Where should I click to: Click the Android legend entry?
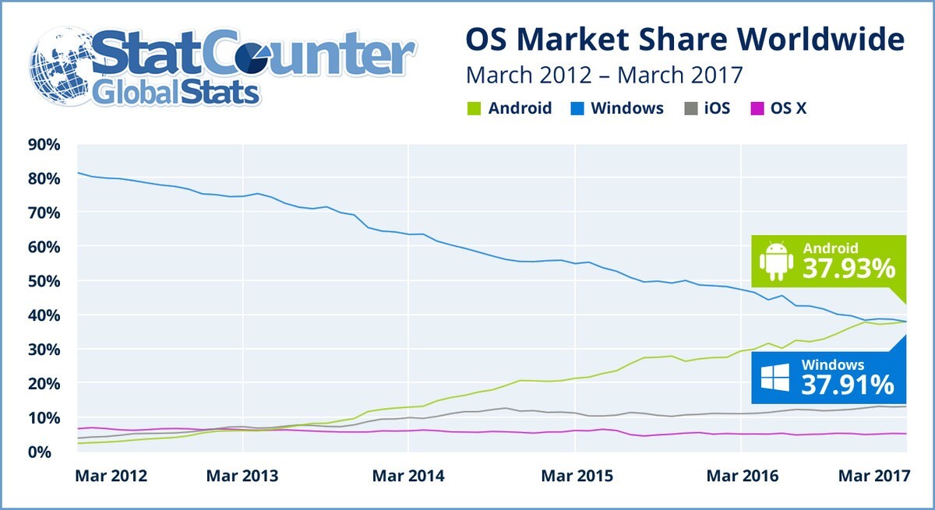click(511, 108)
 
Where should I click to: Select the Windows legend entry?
click(619, 108)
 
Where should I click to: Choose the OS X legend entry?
click(778, 108)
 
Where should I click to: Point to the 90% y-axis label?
click(44, 144)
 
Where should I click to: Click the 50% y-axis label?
click(44, 280)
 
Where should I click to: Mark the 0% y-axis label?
click(48, 452)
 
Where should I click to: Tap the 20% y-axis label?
click(44, 383)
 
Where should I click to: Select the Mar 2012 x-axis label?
click(111, 476)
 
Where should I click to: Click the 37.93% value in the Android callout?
click(848, 269)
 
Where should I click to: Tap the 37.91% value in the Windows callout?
click(848, 384)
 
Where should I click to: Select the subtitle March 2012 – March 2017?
click(604, 76)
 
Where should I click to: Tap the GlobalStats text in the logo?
click(176, 93)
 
